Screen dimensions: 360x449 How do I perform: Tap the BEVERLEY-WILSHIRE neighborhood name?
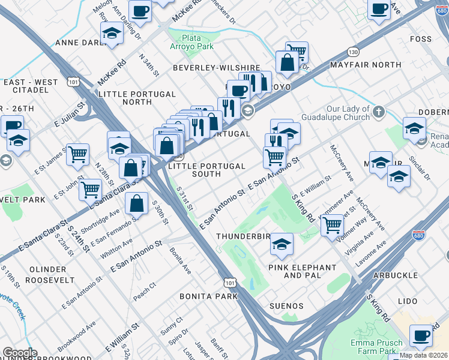point(216,68)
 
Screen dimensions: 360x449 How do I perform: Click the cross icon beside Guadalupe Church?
point(378,112)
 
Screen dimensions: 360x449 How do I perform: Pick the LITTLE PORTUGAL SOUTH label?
point(207,170)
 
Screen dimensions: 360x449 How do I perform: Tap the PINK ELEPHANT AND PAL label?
point(302,271)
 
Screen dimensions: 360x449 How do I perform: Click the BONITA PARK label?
point(204,296)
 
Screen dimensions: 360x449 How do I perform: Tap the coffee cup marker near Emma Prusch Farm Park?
point(421,335)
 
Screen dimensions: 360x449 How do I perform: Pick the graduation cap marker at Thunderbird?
point(281,244)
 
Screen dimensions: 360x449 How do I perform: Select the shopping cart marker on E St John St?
point(90,189)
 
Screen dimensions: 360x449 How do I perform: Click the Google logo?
point(20,353)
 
